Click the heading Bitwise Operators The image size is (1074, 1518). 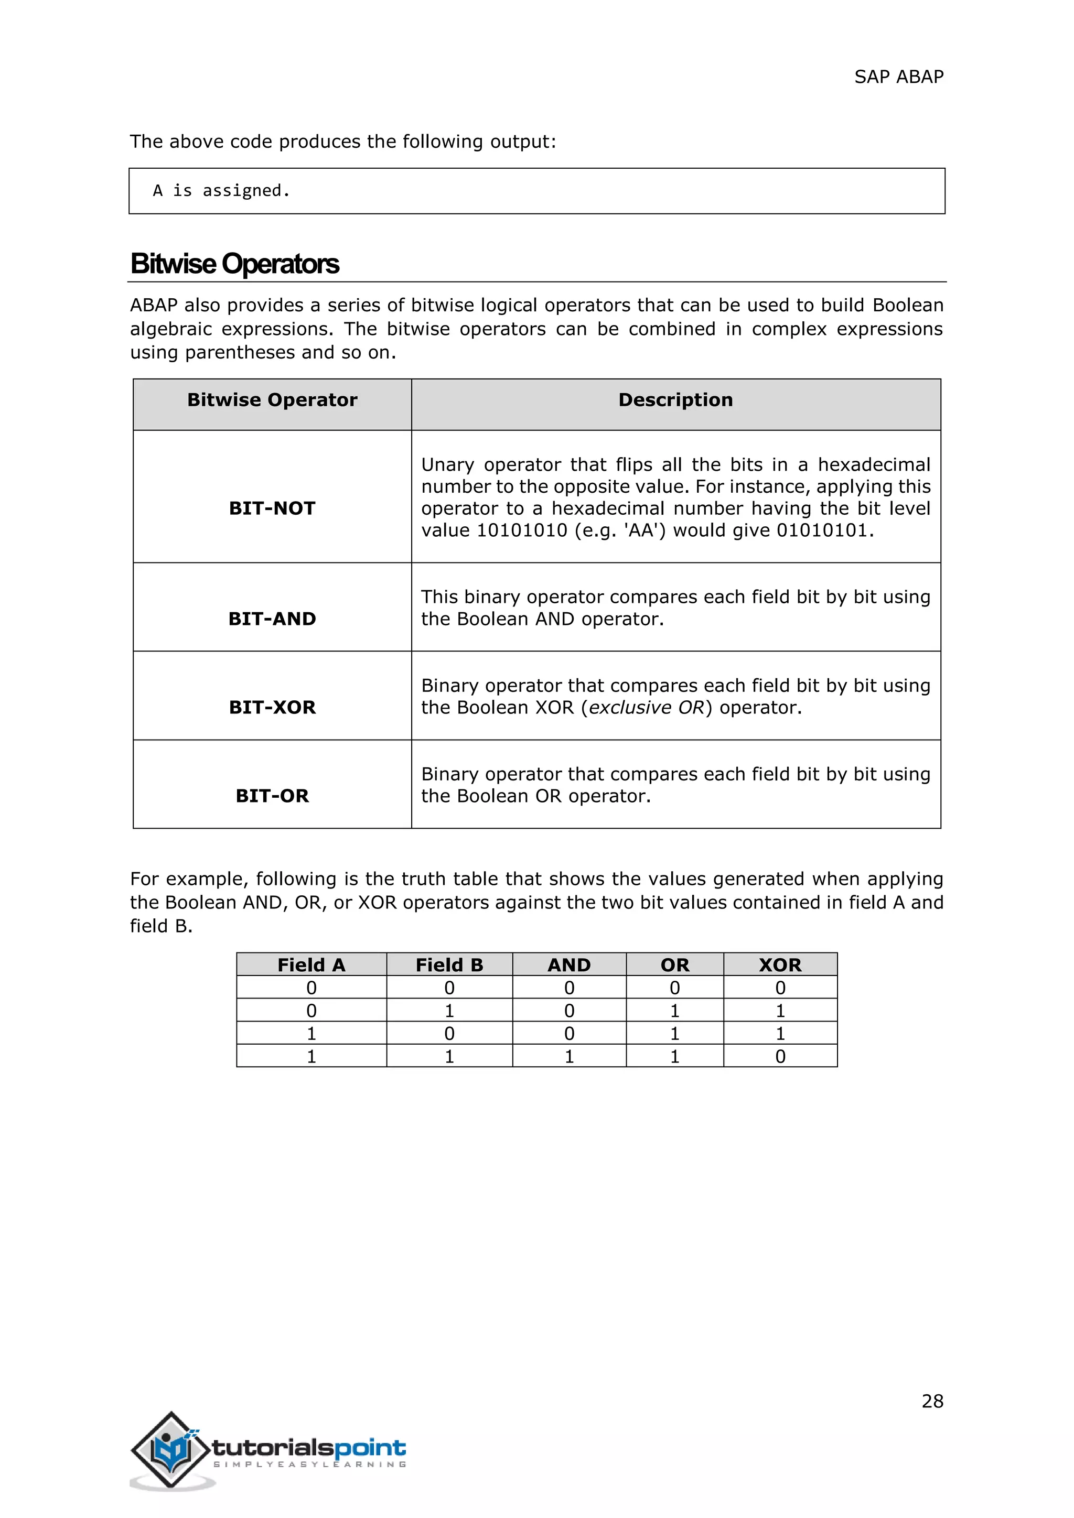click(x=235, y=264)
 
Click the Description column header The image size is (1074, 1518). click(x=675, y=400)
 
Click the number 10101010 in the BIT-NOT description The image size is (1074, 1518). click(x=522, y=531)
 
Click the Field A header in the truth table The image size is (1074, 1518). click(x=311, y=966)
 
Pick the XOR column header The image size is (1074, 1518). click(x=780, y=966)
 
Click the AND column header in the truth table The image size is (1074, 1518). click(x=569, y=966)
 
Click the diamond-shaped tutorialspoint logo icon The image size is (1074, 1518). click(x=170, y=1449)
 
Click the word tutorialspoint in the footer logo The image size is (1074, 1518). click(x=309, y=1448)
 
